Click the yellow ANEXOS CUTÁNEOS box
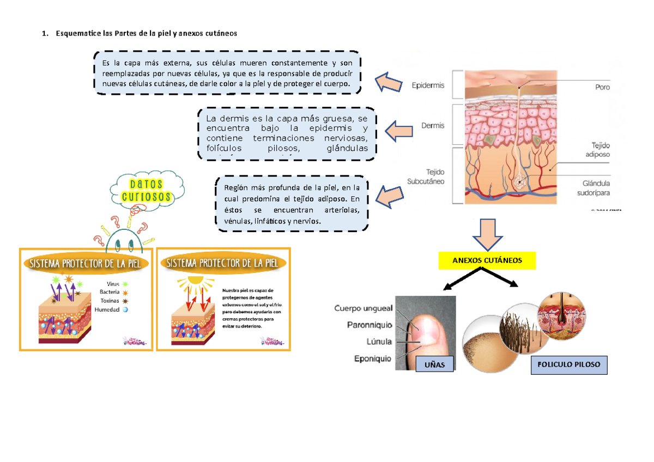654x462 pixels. pos(487,260)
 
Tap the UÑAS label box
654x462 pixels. pos(434,365)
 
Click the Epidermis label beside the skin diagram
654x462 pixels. pos(428,86)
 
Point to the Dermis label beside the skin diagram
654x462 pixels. pos(433,125)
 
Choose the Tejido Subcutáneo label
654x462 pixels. pos(426,176)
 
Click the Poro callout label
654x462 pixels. pos(602,87)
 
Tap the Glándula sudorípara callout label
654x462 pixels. pos(595,188)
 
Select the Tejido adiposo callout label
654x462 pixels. pos(597,150)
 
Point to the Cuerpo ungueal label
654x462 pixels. pos(363,308)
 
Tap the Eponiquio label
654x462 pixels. pos(372,359)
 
